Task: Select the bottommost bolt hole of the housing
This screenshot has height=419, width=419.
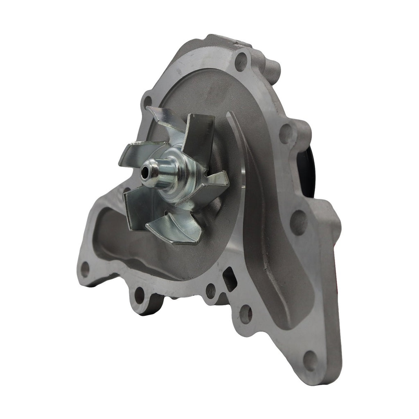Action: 310,360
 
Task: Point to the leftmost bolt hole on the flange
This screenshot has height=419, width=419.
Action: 85,268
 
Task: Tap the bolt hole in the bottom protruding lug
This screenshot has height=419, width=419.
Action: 140,295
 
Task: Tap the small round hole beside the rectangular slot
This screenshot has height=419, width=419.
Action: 210,291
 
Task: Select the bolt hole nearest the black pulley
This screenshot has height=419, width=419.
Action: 286,133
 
